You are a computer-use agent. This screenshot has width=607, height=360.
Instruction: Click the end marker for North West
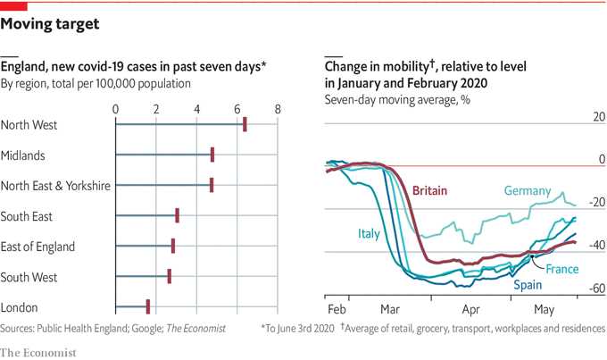tap(245, 125)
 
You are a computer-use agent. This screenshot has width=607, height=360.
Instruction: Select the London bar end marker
tap(148, 306)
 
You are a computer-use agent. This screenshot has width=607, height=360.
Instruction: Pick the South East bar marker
tap(178, 215)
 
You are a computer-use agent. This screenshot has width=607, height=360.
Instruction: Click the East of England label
tap(37, 247)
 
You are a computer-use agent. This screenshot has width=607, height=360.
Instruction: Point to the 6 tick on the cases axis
tap(237, 109)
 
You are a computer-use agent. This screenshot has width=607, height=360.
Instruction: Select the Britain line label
tap(430, 190)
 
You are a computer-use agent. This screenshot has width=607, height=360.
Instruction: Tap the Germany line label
tap(527, 191)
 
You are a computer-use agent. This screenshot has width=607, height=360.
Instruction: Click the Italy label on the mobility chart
tap(369, 234)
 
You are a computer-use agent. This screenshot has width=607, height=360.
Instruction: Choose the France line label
tap(562, 269)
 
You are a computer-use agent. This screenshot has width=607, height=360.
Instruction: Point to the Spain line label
tap(527, 287)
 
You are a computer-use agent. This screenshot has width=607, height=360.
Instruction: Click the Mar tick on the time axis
tap(389, 309)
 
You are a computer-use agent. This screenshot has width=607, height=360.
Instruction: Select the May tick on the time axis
tap(544, 309)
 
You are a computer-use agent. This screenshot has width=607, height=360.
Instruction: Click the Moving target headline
tap(50, 23)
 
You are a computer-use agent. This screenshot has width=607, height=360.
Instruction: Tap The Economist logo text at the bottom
tap(38, 352)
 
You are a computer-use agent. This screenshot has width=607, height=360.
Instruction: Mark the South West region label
tap(30, 277)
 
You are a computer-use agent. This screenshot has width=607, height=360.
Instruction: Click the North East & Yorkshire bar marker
tap(212, 185)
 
